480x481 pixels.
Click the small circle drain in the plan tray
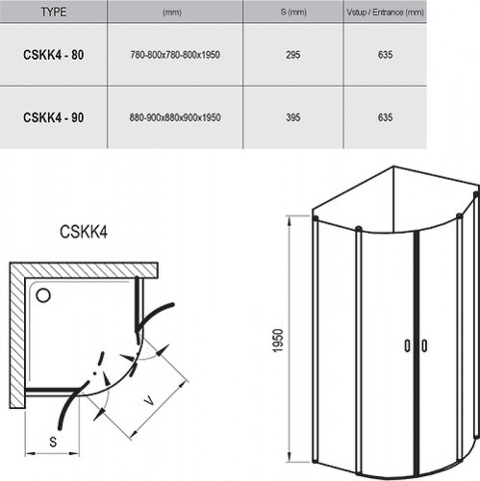(x=43, y=290)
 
